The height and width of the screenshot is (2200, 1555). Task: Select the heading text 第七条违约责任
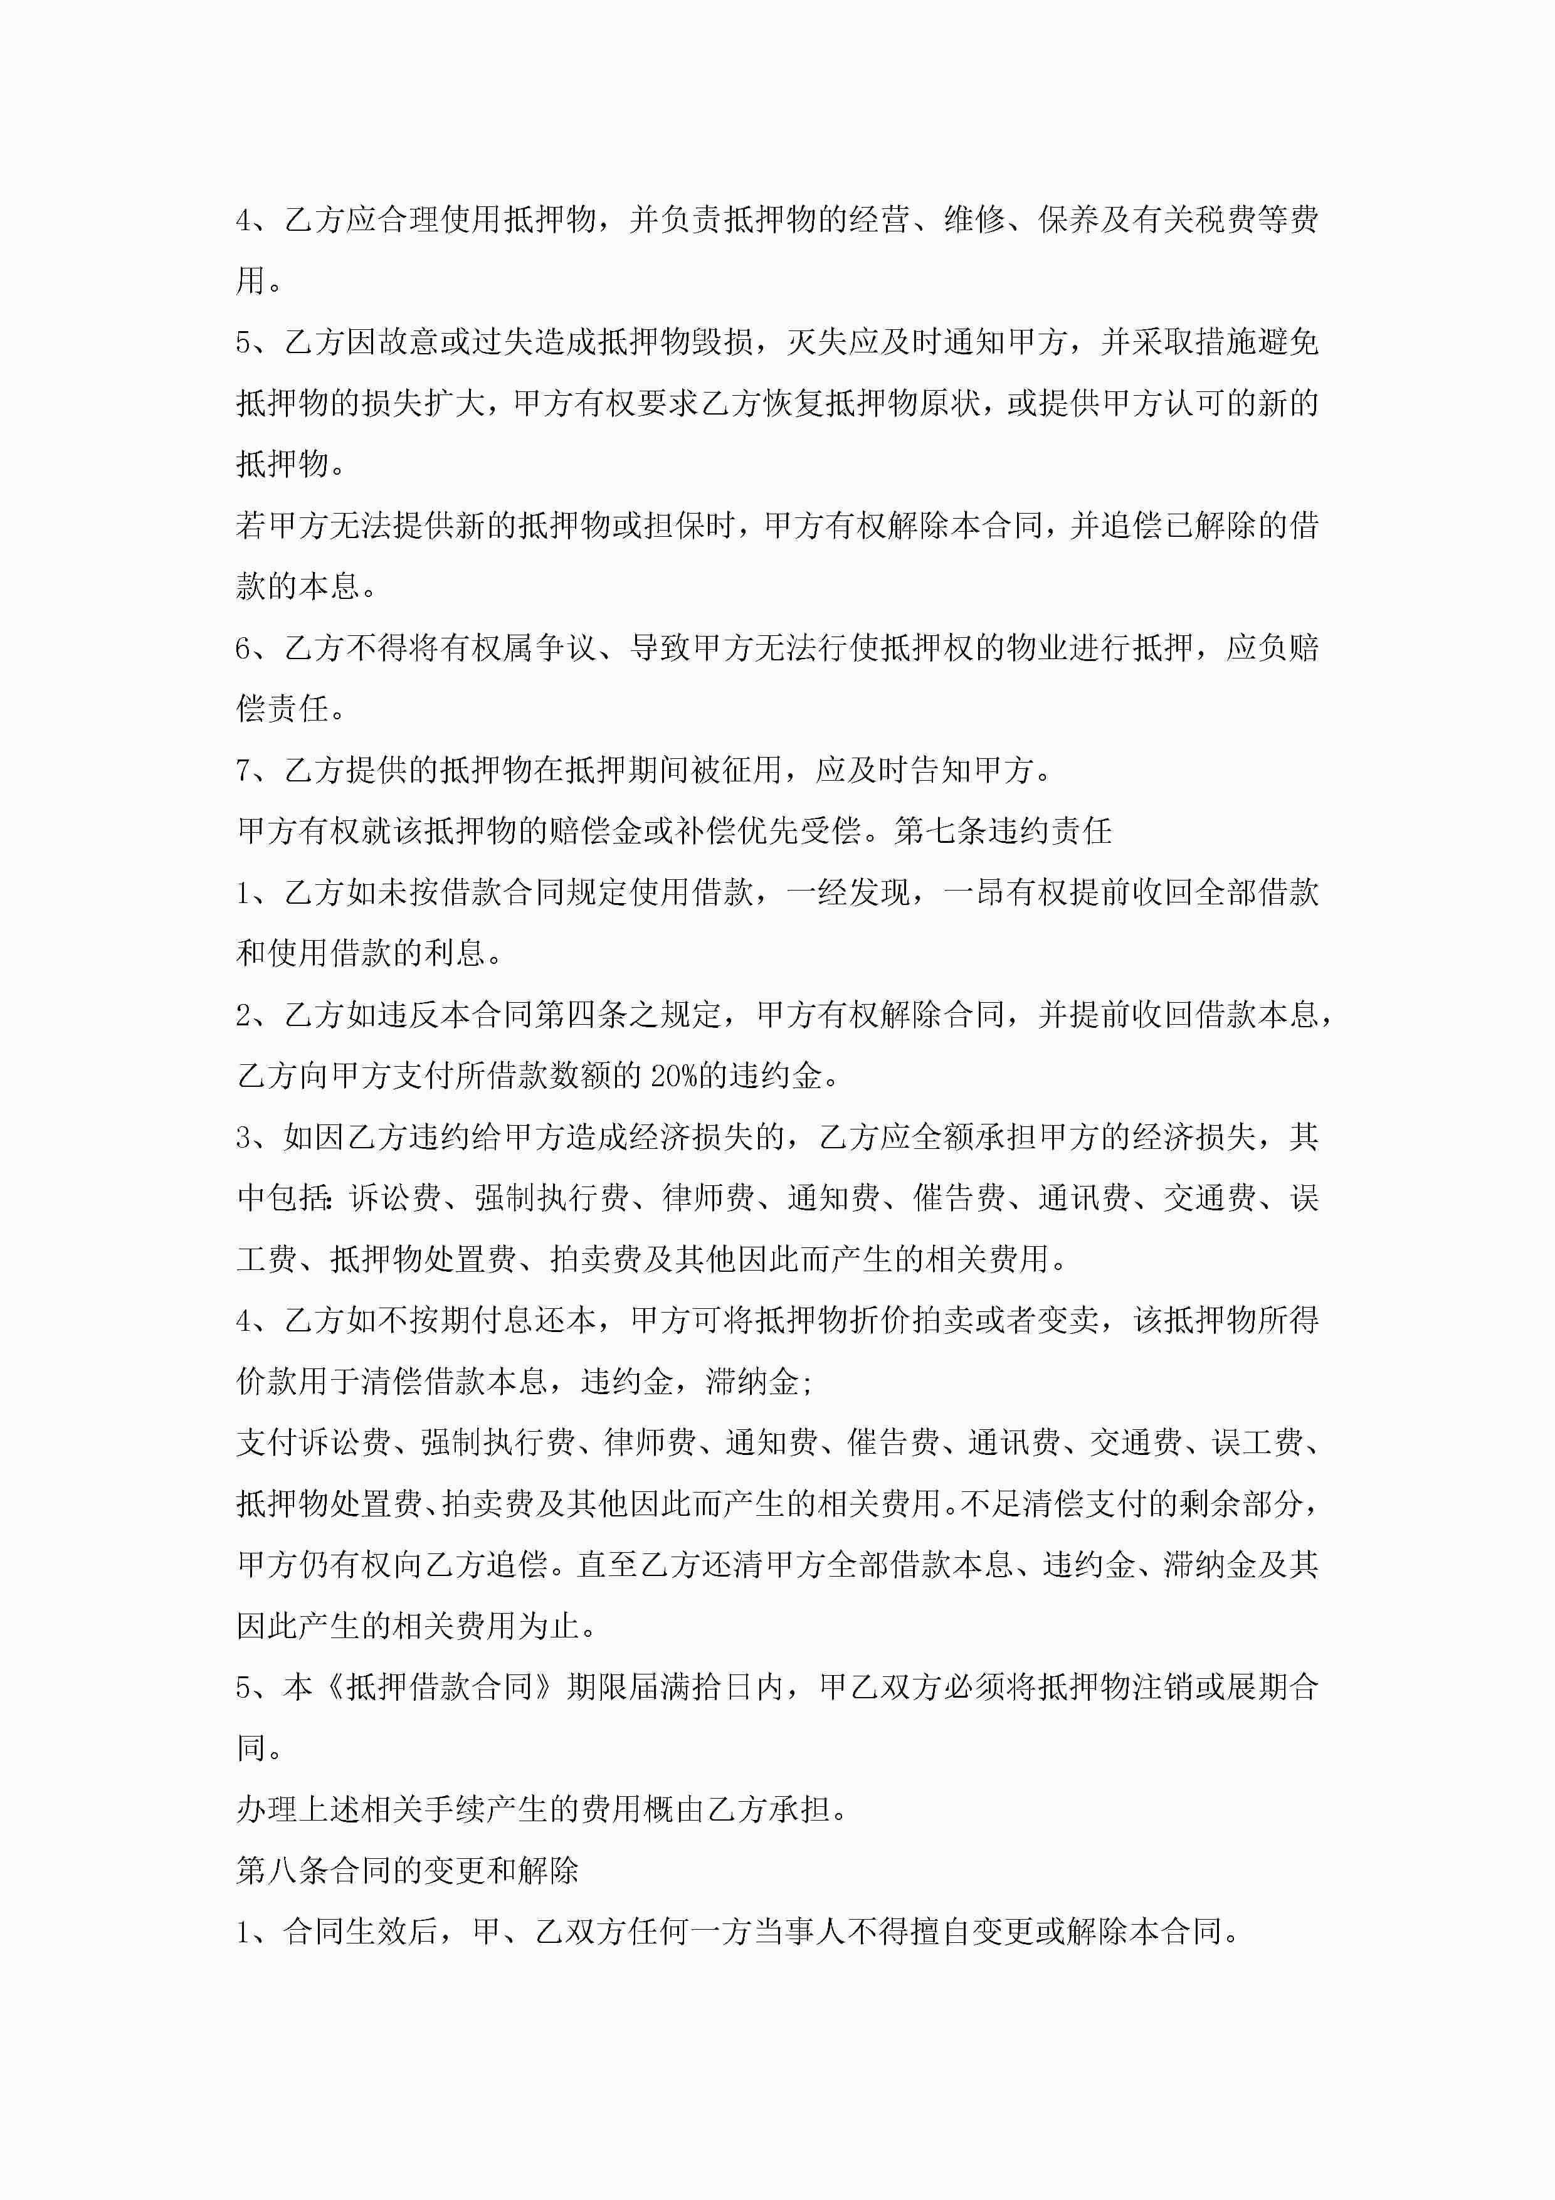[1003, 831]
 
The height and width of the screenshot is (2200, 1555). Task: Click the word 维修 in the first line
[974, 220]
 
